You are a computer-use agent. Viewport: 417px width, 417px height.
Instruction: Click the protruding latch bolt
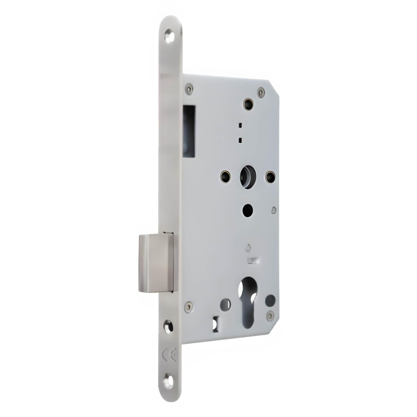[156, 263]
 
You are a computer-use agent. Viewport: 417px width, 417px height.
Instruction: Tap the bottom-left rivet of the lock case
[189, 306]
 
